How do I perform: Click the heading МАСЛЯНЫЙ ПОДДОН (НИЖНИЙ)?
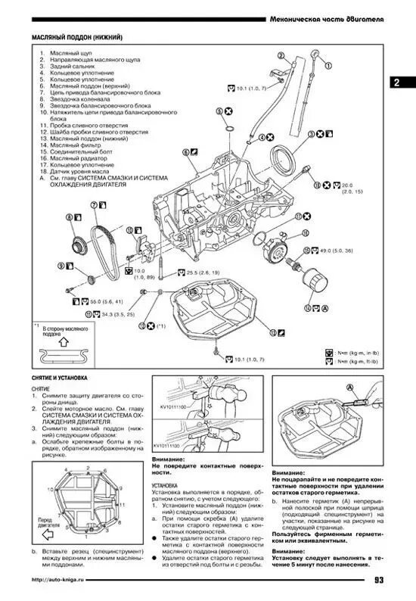[x=77, y=37]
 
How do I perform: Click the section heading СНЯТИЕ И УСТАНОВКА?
[x=60, y=377]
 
